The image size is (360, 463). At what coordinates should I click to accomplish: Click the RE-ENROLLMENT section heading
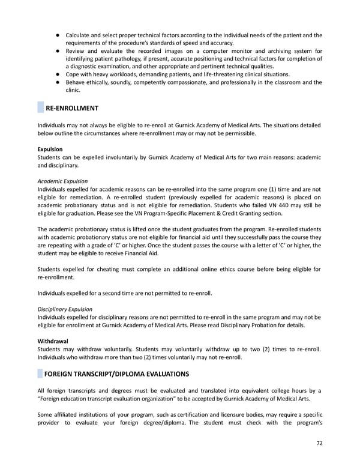coord(72,108)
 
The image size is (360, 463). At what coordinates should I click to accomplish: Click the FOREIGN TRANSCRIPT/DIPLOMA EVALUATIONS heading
coord(117,374)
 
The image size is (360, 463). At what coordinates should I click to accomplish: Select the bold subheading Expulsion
coord(50,148)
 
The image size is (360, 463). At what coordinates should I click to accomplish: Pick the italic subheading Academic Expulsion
coord(62,181)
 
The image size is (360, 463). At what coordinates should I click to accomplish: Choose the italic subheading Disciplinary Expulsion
coord(65,309)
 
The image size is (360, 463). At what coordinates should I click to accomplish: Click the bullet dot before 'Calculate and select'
coord(55,35)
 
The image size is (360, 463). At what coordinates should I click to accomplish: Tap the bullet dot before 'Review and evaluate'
coord(55,51)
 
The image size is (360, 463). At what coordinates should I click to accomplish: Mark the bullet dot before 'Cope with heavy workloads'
coord(55,74)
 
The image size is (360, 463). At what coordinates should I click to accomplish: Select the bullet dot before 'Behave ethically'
coord(55,82)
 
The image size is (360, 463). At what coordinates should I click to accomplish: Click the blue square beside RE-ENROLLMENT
coord(40,108)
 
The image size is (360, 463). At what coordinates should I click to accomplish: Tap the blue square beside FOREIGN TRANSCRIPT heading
coord(40,374)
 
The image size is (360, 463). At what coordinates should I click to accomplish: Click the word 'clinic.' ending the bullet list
coord(73,90)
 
